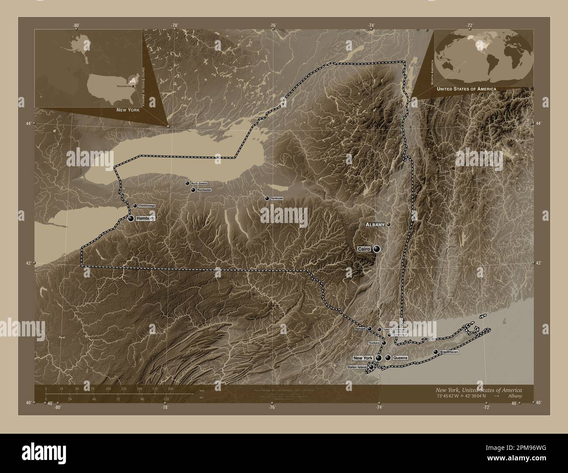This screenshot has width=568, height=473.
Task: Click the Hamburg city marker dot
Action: tap(131, 218)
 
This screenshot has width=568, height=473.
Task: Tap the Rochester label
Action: tap(204, 190)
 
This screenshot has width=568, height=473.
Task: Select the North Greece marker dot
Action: tap(187, 183)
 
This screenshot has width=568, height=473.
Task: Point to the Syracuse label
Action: tap(277, 199)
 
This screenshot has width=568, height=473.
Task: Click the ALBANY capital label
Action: tap(375, 225)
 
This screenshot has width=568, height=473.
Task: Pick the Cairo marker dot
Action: tap(376, 249)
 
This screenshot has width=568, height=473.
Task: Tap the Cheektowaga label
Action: tap(147, 206)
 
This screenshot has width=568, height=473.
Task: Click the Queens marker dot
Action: tap(388, 358)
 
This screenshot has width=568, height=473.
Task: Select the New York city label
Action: tap(363, 358)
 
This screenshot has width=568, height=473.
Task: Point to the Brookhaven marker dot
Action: tap(435, 352)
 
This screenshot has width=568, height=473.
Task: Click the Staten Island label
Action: tap(357, 367)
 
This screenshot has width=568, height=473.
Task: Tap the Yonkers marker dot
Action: tap(384, 343)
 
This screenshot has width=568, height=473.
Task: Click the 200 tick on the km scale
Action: tap(170, 388)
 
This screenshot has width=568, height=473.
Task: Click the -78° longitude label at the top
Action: tap(175, 26)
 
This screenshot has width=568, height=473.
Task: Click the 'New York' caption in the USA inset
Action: tap(128, 110)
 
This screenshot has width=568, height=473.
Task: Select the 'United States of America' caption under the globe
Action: tap(466, 89)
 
